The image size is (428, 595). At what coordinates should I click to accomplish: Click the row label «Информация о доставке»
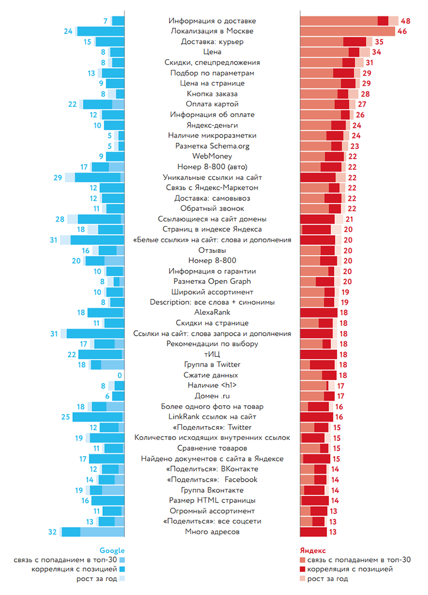tap(212, 21)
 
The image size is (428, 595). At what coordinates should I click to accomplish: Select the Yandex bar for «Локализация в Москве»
tap(347, 32)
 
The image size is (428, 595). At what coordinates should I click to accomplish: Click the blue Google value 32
tap(52, 532)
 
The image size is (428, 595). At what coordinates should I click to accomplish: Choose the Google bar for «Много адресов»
tap(93, 532)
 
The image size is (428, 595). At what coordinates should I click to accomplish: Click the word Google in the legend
tap(112, 551)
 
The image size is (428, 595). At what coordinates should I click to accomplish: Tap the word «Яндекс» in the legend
tap(312, 551)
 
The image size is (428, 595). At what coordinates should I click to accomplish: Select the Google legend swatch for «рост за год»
tap(121, 579)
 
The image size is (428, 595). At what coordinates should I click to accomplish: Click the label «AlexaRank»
tap(212, 313)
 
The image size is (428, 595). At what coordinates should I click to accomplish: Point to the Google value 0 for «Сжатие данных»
tap(120, 375)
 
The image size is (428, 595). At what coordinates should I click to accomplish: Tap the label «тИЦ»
tap(212, 354)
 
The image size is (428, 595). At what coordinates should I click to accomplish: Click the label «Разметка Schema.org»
tap(212, 146)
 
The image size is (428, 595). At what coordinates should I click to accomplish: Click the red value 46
tap(402, 32)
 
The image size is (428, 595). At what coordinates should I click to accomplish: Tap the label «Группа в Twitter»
tap(212, 365)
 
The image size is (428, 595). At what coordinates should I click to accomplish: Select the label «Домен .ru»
tap(212, 396)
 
